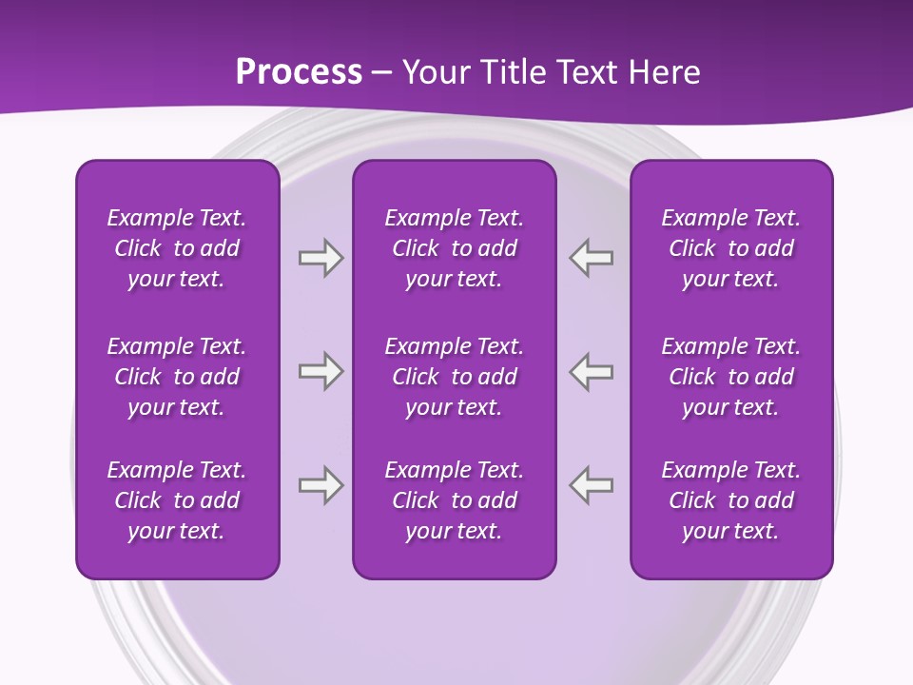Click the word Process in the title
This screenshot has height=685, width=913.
pos(299,72)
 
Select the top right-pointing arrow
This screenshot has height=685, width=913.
pos(321,258)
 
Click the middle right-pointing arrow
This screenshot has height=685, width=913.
pos(321,371)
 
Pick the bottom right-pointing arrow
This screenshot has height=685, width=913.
pos(321,485)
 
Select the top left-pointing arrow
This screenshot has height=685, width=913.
pos(592,258)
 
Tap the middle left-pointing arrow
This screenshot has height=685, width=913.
pos(592,371)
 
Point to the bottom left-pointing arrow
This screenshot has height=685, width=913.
pos(592,485)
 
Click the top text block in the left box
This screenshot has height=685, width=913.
pos(177,248)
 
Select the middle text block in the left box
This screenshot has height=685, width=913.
pos(177,377)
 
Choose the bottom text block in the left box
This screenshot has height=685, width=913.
pos(177,500)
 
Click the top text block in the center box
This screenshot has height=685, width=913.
pos(454,248)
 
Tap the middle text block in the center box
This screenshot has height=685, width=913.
pos(454,377)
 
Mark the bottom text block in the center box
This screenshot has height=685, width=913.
pos(454,500)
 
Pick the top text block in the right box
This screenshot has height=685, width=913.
pos(730,248)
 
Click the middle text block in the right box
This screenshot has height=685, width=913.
pos(730,377)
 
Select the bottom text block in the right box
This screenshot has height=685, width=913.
pos(730,500)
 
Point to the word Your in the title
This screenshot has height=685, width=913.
pos(433,72)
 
